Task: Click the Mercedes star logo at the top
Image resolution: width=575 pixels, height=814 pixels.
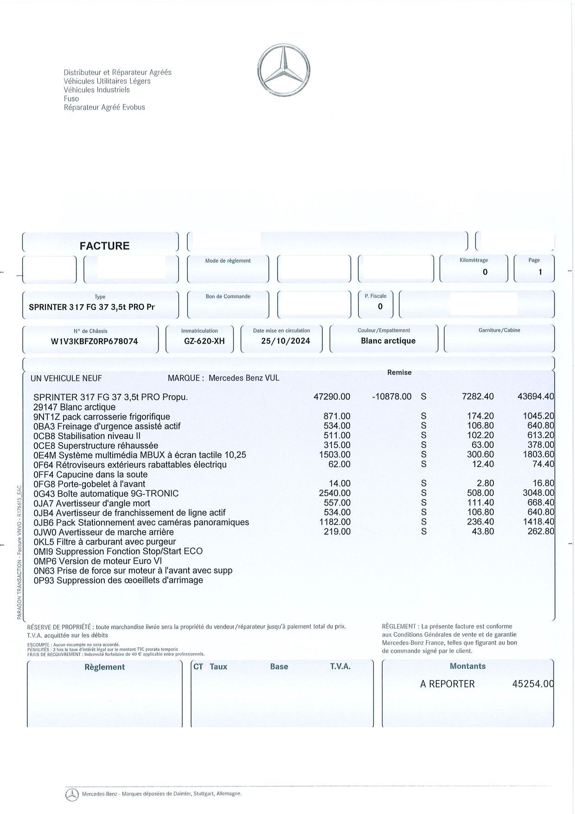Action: pos(284,71)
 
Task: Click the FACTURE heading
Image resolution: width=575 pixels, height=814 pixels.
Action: pos(104,246)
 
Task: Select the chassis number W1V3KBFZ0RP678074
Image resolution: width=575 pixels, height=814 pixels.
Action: pos(94,341)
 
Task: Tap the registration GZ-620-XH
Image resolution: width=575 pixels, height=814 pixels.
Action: pos(204,341)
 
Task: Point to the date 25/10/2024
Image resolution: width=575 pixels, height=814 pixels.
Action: pos(285,341)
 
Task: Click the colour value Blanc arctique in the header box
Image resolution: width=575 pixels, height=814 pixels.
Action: pos(388,341)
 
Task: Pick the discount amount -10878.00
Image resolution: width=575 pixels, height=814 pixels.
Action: pos(391,397)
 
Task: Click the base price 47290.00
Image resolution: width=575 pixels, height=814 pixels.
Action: pos(332,397)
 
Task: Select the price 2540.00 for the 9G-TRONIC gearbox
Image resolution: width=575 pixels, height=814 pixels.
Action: pos(335,493)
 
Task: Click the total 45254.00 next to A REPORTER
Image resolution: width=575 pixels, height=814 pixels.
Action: pos(533,684)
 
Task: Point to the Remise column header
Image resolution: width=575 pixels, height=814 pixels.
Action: pos(399,372)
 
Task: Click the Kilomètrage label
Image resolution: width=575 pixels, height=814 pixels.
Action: pos(473,260)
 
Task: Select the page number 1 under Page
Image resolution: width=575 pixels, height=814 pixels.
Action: pos(540,272)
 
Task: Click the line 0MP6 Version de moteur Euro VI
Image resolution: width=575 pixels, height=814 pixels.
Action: pos(97,561)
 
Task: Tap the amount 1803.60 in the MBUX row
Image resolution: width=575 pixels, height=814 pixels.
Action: pos(538,455)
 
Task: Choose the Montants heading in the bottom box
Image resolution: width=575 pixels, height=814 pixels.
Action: pos(467,667)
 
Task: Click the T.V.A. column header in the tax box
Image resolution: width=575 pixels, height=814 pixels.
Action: pos(340,667)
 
